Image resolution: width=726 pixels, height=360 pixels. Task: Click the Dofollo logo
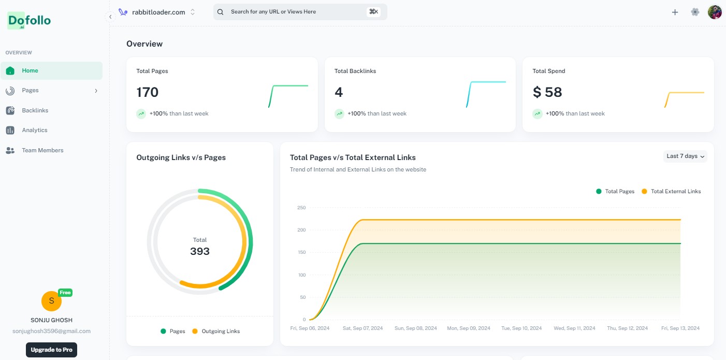pyautogui.click(x=29, y=21)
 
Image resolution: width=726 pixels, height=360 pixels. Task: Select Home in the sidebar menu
pyautogui.click(x=30, y=71)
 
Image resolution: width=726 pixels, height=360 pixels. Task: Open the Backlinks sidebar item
pyautogui.click(x=35, y=110)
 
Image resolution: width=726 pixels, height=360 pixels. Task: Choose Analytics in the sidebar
pyautogui.click(x=34, y=131)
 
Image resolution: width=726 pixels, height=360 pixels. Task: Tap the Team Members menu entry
pyautogui.click(x=42, y=150)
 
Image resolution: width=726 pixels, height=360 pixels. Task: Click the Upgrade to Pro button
pyautogui.click(x=51, y=350)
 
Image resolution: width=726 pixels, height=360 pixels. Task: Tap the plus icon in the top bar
pyautogui.click(x=675, y=12)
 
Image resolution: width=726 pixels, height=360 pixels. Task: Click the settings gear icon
pyautogui.click(x=695, y=12)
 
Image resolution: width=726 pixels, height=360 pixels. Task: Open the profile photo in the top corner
pyautogui.click(x=715, y=12)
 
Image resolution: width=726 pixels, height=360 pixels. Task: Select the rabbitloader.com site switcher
pyautogui.click(x=157, y=12)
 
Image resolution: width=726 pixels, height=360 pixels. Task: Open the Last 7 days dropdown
pyautogui.click(x=685, y=156)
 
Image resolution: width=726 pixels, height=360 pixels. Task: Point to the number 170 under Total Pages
pyautogui.click(x=148, y=92)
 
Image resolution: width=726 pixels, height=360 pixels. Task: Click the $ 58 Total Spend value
pyautogui.click(x=547, y=92)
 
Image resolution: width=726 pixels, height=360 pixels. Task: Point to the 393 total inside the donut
pyautogui.click(x=200, y=251)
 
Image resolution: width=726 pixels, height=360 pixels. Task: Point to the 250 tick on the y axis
pyautogui.click(x=301, y=208)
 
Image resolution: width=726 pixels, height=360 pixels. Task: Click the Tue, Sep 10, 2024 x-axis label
pyautogui.click(x=522, y=328)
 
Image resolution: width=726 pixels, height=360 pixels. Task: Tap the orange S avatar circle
pyautogui.click(x=51, y=301)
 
